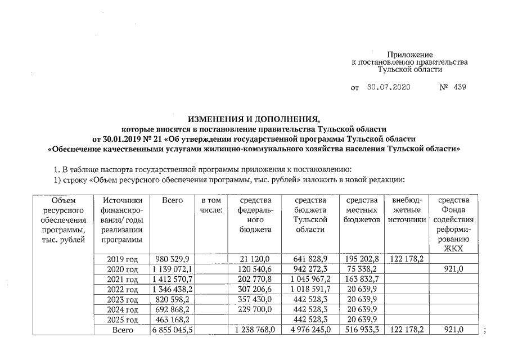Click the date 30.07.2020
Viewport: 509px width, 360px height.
point(389,88)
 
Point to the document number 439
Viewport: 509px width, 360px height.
point(459,88)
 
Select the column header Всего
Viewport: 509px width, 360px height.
point(172,201)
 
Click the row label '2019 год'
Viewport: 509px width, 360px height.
point(123,259)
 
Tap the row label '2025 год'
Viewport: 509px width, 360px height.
point(123,320)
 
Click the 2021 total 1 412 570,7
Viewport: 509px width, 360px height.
point(173,279)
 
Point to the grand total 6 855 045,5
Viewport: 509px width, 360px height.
point(173,330)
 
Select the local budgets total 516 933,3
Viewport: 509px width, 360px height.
point(361,330)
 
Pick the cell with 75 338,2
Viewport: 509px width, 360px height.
point(361,269)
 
